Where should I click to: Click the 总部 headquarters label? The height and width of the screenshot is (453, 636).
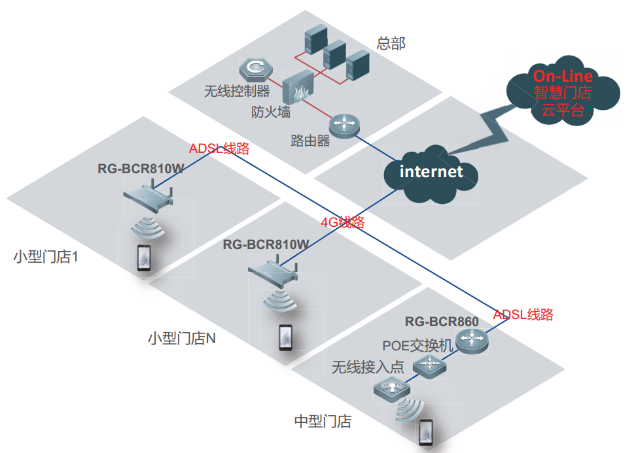pos(391,44)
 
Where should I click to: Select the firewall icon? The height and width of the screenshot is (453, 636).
pos(298,88)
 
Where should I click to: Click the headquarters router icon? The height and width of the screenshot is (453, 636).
pos(345,124)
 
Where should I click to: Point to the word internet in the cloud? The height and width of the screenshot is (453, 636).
pos(431,172)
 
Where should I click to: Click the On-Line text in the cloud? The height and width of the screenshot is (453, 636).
pos(563,76)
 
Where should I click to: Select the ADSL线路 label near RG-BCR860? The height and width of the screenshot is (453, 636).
pos(523,314)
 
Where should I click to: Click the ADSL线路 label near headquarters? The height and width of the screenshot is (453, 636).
pos(219,148)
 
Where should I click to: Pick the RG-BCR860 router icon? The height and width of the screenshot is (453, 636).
pos(472,339)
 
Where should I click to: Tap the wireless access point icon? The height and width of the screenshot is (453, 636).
pos(391,390)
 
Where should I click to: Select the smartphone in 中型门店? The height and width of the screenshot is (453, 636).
pos(427,433)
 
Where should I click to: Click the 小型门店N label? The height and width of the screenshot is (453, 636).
pos(182,339)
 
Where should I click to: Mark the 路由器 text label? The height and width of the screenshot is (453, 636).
pos(310,141)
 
